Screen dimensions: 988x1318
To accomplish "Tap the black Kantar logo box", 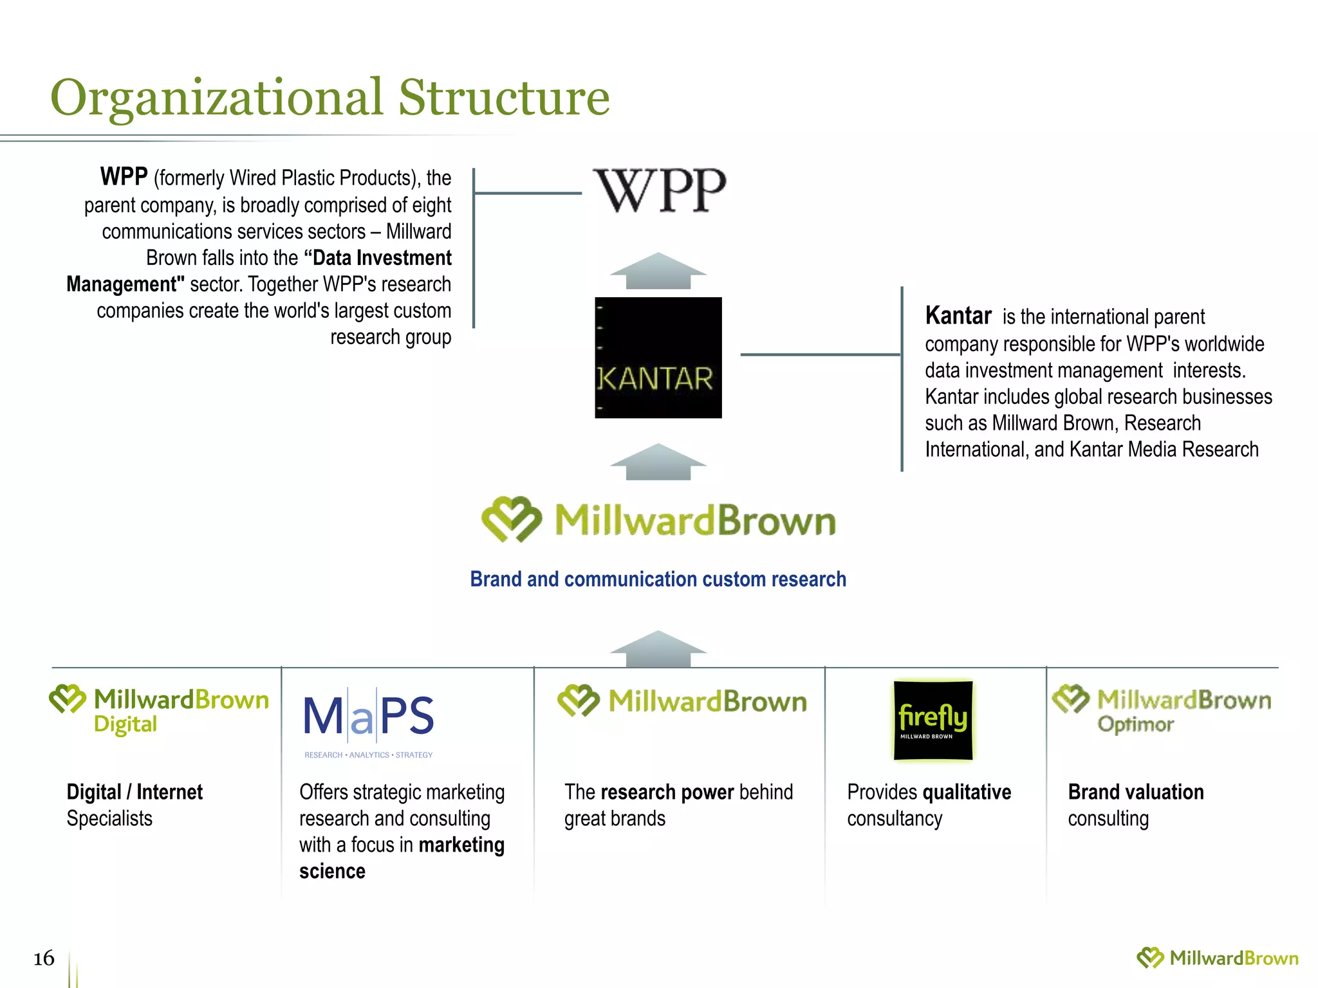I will [x=658, y=358].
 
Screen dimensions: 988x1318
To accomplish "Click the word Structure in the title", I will [x=503, y=98].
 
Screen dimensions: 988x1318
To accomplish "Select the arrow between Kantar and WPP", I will [x=658, y=271].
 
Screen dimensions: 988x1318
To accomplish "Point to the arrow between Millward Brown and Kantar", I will [x=658, y=462].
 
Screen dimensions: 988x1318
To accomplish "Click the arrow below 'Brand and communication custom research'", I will [x=658, y=649].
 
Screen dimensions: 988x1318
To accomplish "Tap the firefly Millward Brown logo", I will [x=933, y=720].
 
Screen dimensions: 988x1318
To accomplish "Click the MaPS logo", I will [x=369, y=717].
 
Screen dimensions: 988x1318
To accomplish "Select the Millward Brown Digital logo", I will [x=159, y=709].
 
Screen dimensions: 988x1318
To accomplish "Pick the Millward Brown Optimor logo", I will [x=1162, y=709].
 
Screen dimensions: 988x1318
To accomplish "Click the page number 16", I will [x=44, y=958].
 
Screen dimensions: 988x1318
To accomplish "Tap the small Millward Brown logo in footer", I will [x=1217, y=958].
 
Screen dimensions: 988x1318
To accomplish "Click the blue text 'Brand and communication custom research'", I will [x=658, y=579].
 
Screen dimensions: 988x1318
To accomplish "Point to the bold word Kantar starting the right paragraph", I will [x=958, y=316].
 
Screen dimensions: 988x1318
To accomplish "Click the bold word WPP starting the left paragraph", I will [x=124, y=176].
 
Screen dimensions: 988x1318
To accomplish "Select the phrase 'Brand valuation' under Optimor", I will [x=1135, y=792].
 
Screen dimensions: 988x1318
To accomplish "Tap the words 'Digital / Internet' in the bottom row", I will [x=135, y=792].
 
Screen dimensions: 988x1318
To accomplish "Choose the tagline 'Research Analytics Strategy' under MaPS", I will [x=369, y=755].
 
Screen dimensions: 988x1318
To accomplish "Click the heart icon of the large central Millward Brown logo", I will [x=511, y=519].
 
